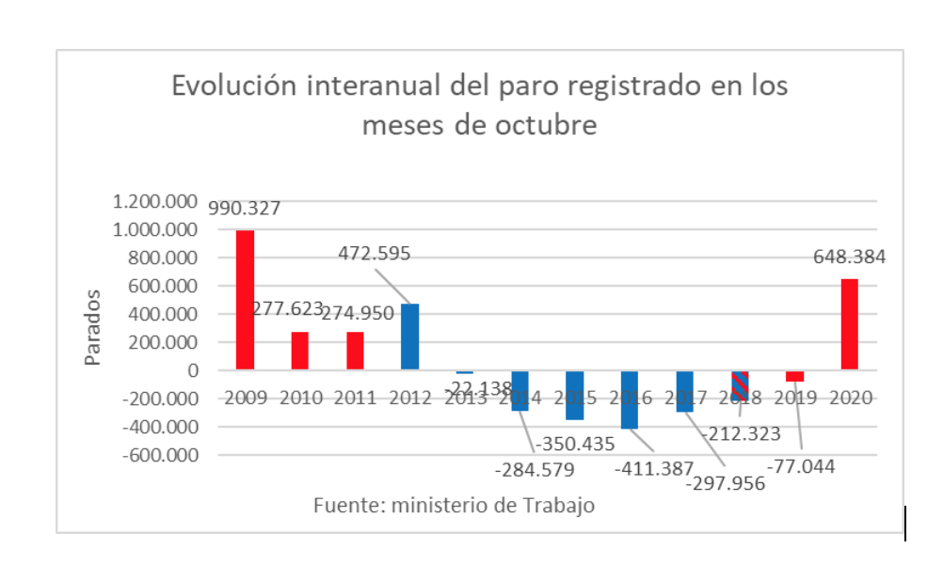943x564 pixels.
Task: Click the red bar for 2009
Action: click(x=245, y=300)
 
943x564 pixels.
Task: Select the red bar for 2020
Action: click(x=849, y=323)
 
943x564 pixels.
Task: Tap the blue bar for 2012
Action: click(x=410, y=337)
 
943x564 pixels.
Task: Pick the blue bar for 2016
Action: click(x=630, y=399)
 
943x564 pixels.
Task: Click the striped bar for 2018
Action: click(x=740, y=385)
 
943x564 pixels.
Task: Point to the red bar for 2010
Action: click(x=299, y=351)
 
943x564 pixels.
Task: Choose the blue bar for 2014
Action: click(x=520, y=390)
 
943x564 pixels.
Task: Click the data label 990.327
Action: click(x=246, y=209)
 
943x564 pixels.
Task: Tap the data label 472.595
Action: click(x=376, y=254)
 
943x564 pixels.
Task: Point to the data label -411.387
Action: click(x=654, y=468)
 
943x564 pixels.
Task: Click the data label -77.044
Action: click(x=801, y=464)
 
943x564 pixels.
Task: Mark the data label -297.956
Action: click(x=725, y=483)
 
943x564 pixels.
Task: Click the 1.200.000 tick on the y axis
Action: click(x=155, y=201)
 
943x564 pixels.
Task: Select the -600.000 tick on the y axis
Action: click(x=155, y=455)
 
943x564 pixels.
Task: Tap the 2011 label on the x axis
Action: click(x=355, y=398)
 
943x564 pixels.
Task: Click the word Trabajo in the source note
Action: click(x=559, y=506)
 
